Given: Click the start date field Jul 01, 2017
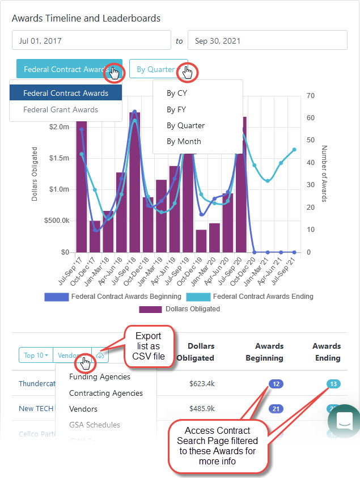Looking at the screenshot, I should [x=91, y=41].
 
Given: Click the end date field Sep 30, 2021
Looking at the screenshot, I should [x=267, y=41].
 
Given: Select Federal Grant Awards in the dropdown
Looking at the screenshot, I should [x=61, y=109].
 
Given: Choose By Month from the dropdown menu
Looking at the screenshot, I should [x=184, y=141].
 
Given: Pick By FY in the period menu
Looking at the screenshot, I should [x=176, y=109].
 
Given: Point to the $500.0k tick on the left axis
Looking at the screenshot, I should [x=56, y=221].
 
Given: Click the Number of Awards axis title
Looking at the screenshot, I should [x=325, y=174].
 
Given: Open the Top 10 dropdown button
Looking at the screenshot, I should [x=36, y=356].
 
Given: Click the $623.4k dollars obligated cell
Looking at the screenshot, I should [x=202, y=384].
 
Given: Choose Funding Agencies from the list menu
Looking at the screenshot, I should [x=99, y=377].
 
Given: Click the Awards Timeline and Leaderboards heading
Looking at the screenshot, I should [x=86, y=18].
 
